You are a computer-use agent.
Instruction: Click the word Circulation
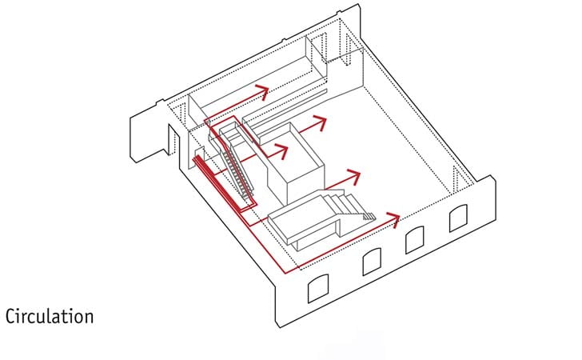pyautogui.click(x=50, y=317)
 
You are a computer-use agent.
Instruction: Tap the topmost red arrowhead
pyautogui.click(x=262, y=91)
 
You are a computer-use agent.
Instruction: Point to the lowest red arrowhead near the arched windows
pyautogui.click(x=393, y=219)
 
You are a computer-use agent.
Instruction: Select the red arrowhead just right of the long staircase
pyautogui.click(x=281, y=151)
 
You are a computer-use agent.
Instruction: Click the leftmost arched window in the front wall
pyautogui.click(x=318, y=288)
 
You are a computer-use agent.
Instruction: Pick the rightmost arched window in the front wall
pyautogui.click(x=458, y=218)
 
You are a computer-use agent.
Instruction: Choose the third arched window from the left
pyautogui.click(x=415, y=240)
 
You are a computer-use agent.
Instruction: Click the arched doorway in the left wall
pyautogui.click(x=173, y=140)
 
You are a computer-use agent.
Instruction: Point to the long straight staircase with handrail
pyautogui.click(x=235, y=163)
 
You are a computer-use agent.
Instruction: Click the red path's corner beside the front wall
pyautogui.click(x=285, y=273)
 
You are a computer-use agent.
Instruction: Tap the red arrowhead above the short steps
pyautogui.click(x=353, y=178)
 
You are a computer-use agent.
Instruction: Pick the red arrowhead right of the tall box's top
pyautogui.click(x=320, y=123)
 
